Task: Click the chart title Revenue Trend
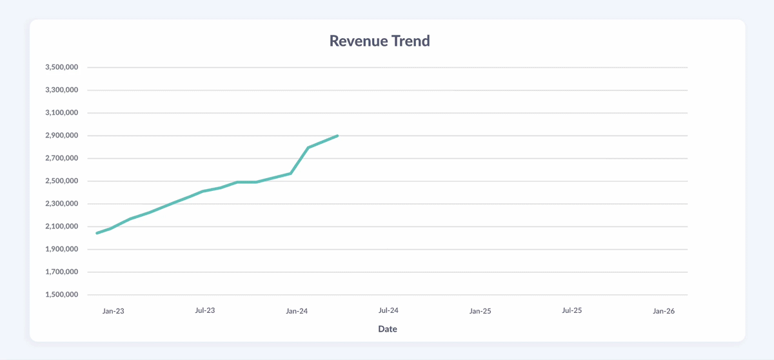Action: point(379,41)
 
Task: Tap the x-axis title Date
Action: point(387,329)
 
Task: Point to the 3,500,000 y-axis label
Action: point(61,67)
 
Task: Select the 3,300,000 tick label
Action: point(61,90)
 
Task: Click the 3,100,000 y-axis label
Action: point(61,113)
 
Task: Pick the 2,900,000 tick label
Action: point(61,135)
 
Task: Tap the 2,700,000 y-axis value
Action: point(61,159)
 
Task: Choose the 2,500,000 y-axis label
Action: point(61,181)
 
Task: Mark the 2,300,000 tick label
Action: point(61,204)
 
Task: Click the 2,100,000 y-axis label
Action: point(61,226)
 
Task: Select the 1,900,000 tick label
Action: point(61,250)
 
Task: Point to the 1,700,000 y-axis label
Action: point(61,272)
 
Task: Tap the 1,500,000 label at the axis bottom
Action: point(61,295)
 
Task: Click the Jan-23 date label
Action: point(113,311)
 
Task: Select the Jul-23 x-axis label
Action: point(204,310)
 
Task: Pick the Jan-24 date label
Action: point(297,311)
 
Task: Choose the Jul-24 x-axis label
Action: point(388,310)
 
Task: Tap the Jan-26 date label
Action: point(663,311)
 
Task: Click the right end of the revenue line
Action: point(337,136)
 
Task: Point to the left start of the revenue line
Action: point(97,233)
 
